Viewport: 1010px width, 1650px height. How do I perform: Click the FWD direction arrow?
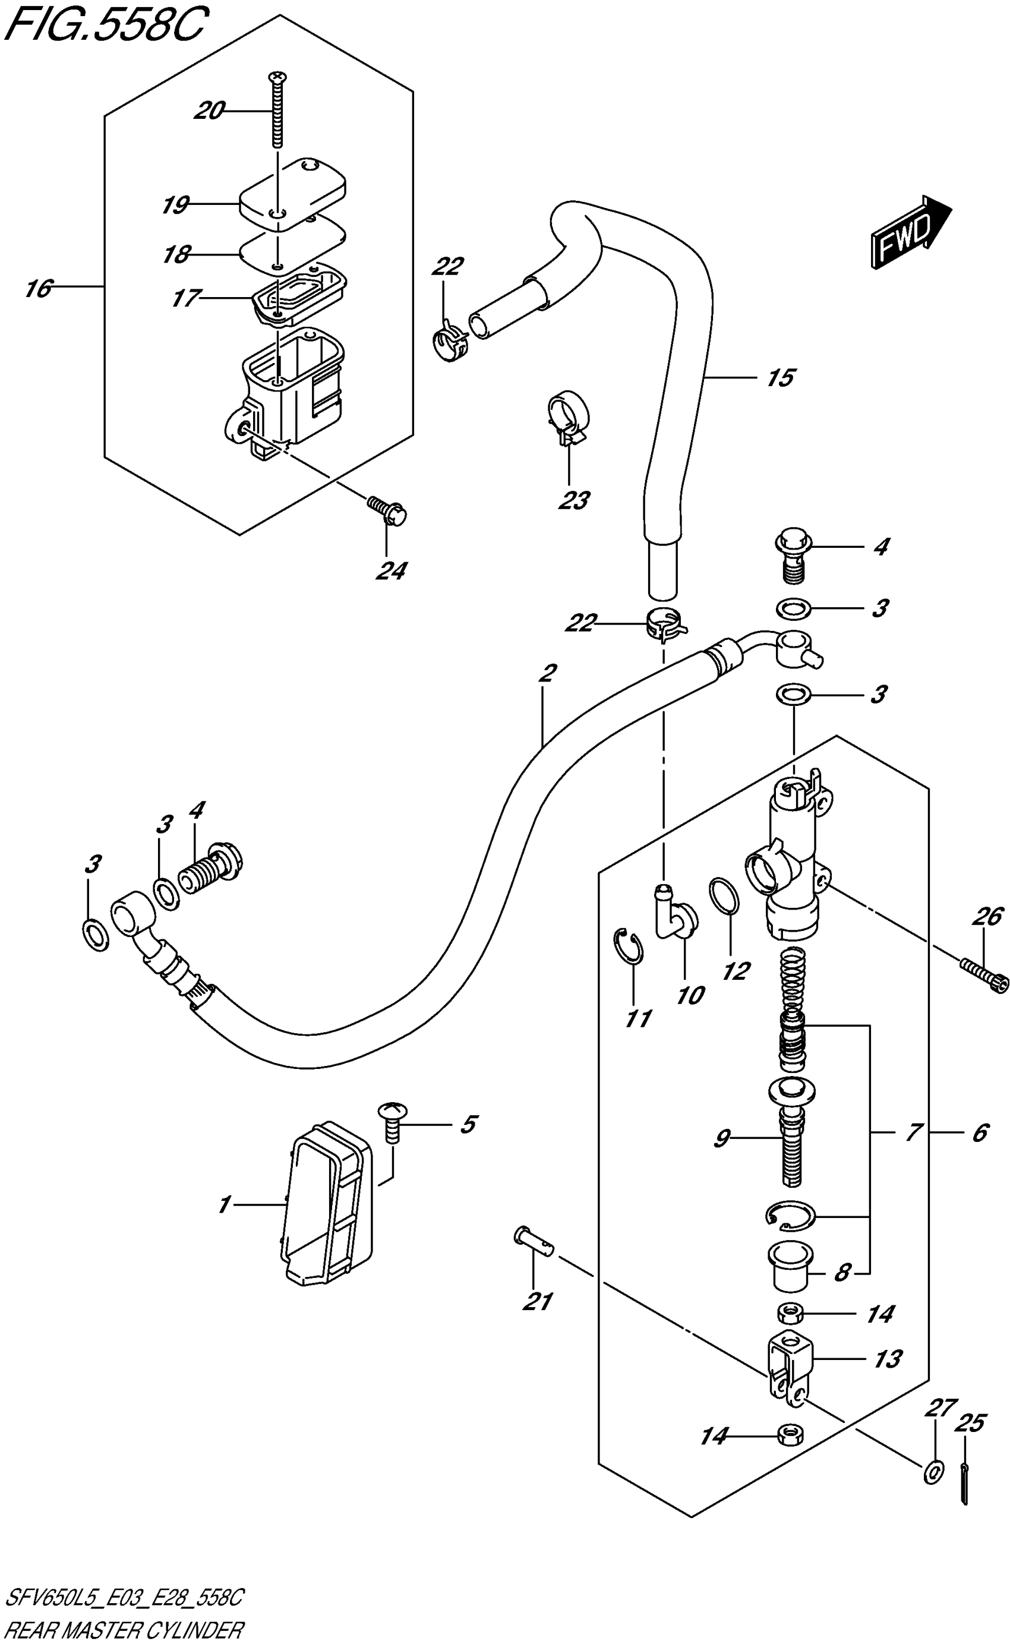911,232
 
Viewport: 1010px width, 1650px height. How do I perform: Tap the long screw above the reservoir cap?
276,110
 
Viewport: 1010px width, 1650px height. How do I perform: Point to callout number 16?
39,289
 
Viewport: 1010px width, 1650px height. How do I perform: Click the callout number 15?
780,378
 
